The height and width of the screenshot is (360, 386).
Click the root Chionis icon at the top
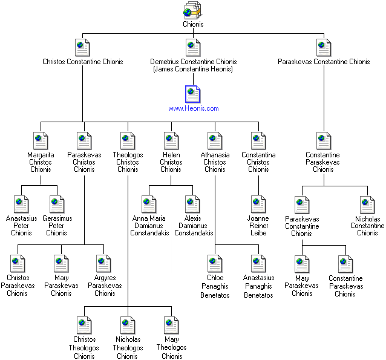pyautogui.click(x=193, y=10)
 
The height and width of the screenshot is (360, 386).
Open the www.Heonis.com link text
pyautogui.click(x=193, y=108)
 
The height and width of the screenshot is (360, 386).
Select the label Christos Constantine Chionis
pyautogui.click(x=82, y=62)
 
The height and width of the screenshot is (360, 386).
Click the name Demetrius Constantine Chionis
pyautogui.click(x=193, y=62)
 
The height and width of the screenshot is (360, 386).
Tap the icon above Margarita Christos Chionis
pyautogui.click(x=41, y=140)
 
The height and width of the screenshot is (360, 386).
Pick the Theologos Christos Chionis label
pyautogui.click(x=128, y=162)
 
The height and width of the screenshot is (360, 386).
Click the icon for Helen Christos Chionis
pyautogui.click(x=171, y=140)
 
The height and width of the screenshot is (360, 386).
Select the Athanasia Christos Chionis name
pyautogui.click(x=215, y=162)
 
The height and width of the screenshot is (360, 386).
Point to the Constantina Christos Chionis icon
pyautogui.click(x=258, y=140)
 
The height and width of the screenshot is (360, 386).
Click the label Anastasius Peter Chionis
pyautogui.click(x=21, y=225)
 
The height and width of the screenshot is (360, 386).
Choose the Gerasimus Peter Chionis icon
pyautogui.click(x=57, y=203)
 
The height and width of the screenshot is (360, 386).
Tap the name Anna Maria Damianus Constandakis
pyautogui.click(x=149, y=225)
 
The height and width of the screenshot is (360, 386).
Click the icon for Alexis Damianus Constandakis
pyautogui.click(x=193, y=203)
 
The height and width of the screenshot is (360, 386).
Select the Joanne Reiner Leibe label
pyautogui.click(x=258, y=225)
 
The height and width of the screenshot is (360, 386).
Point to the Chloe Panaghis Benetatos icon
pyautogui.click(x=215, y=264)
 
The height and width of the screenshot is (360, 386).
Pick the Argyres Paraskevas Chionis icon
pyautogui.click(x=105, y=264)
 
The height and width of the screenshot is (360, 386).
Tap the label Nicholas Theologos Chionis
pyautogui.click(x=127, y=348)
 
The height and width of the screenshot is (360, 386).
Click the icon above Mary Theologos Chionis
pyautogui.click(x=171, y=325)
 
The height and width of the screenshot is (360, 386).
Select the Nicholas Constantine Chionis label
pyautogui.click(x=367, y=225)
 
